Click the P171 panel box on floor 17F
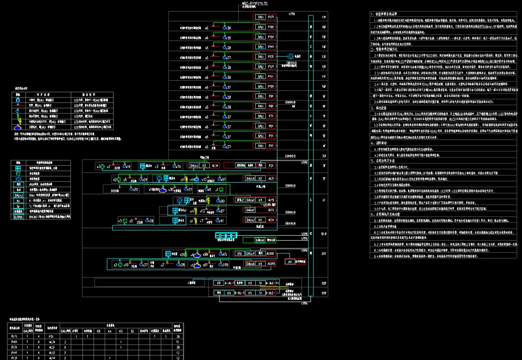(x=271, y=17)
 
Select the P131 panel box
(x=271, y=57)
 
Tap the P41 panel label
(x=271, y=145)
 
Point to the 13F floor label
(x=324, y=57)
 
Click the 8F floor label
(x=324, y=106)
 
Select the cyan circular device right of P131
(x=290, y=57)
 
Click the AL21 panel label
(x=271, y=178)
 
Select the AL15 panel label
(x=271, y=200)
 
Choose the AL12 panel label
(x=271, y=210)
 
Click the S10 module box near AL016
(x=239, y=253)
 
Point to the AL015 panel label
(x=271, y=264)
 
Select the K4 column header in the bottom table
(x=109, y=331)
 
